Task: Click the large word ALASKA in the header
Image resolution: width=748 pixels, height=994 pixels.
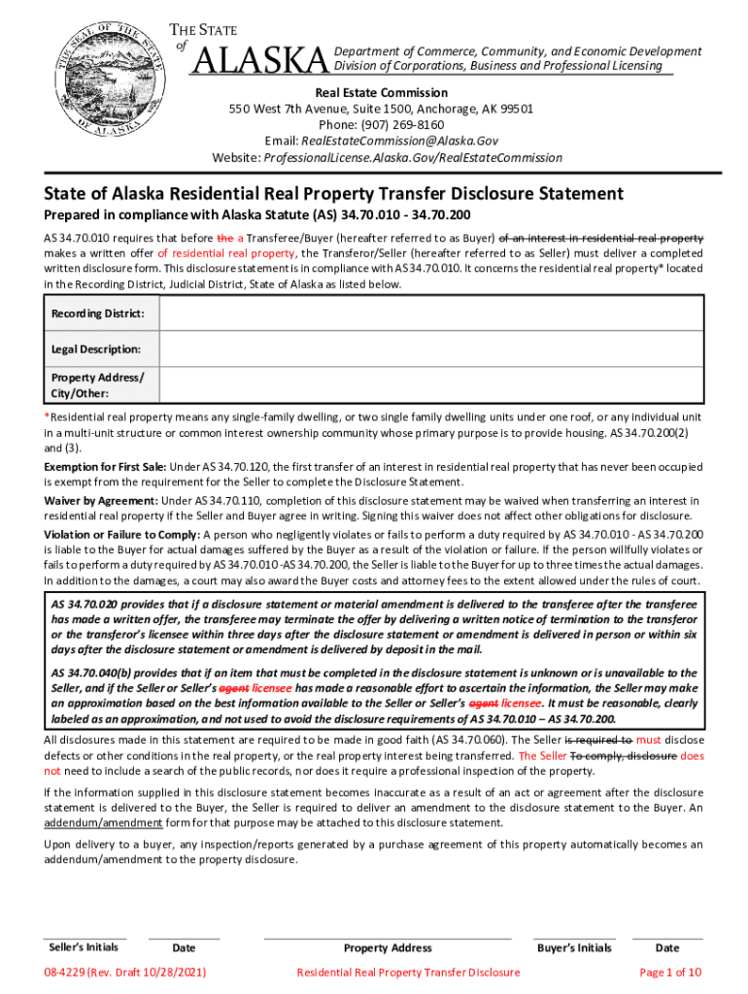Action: click(259, 61)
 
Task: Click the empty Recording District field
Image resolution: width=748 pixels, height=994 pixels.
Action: click(430, 315)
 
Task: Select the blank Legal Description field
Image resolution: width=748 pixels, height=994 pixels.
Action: click(430, 348)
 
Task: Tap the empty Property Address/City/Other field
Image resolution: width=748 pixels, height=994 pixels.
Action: click(430, 384)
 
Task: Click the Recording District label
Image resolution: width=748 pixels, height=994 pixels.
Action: click(97, 315)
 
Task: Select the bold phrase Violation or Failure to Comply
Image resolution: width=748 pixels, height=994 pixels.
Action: click(121, 534)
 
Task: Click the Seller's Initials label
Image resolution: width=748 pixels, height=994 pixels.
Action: click(84, 947)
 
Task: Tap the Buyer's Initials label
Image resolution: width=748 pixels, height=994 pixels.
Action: click(574, 947)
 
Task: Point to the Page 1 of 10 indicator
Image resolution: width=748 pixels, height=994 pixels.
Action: click(670, 972)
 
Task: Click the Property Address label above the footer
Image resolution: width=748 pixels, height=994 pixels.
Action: click(388, 947)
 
